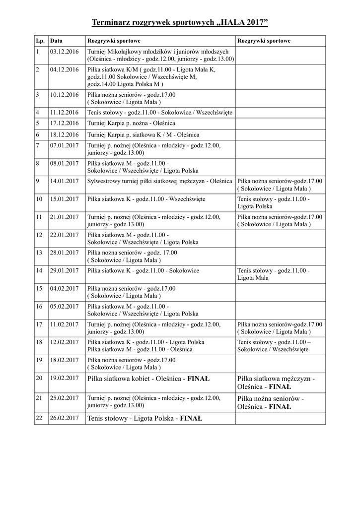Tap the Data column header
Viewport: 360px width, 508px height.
coord(56,41)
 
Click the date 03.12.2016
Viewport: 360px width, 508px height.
coord(65,52)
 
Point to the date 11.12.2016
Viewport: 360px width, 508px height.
coord(65,112)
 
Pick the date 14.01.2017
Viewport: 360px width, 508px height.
coord(65,181)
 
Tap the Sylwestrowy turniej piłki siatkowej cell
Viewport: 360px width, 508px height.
coord(159,181)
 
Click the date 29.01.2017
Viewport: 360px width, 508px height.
coord(65,270)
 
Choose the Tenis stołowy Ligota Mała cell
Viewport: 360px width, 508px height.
coord(273,274)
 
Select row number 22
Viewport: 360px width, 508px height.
coord(39,418)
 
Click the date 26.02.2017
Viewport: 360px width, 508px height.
coord(65,418)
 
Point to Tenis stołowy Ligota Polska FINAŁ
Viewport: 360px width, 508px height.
coord(144,418)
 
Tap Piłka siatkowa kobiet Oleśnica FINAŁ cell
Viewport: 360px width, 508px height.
coord(148,379)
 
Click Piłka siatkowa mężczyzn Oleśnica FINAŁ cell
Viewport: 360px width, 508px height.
coord(276,382)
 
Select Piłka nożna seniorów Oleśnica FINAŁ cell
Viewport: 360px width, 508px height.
coord(271,402)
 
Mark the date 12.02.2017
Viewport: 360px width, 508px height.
coord(65,342)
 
